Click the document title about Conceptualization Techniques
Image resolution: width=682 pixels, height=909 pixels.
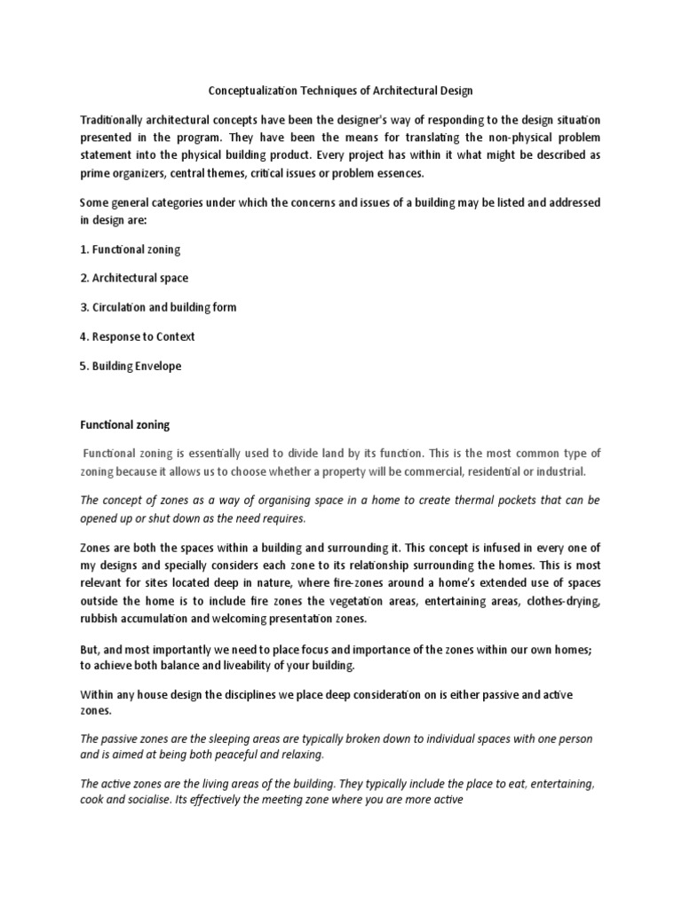click(340, 90)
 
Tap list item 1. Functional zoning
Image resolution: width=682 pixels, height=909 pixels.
click(130, 250)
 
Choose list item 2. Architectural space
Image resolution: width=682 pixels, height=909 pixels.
click(134, 278)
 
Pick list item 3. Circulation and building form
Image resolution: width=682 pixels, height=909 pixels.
click(158, 307)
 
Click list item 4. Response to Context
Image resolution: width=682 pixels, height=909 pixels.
click(138, 336)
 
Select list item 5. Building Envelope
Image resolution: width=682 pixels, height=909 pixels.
click(131, 366)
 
